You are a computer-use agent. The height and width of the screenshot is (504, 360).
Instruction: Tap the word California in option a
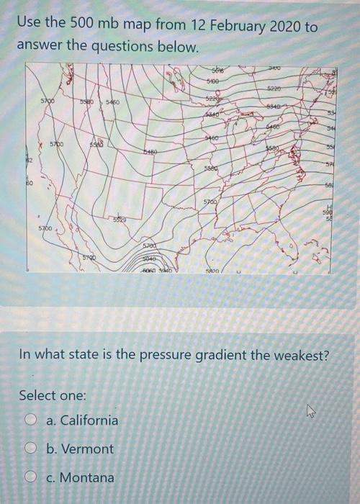pyautogui.click(x=89, y=420)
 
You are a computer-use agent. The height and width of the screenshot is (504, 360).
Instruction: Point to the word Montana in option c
pyautogui.click(x=86, y=478)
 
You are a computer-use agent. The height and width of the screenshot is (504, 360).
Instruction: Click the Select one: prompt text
pyautogui.click(x=52, y=395)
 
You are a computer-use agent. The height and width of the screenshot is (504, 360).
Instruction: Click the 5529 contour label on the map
pyautogui.click(x=120, y=219)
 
